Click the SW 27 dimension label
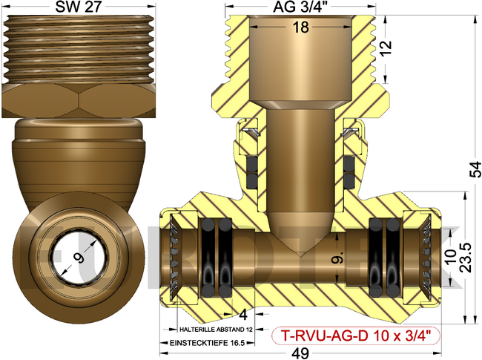[78, 7]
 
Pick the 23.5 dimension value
[466, 257]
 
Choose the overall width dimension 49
[301, 353]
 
